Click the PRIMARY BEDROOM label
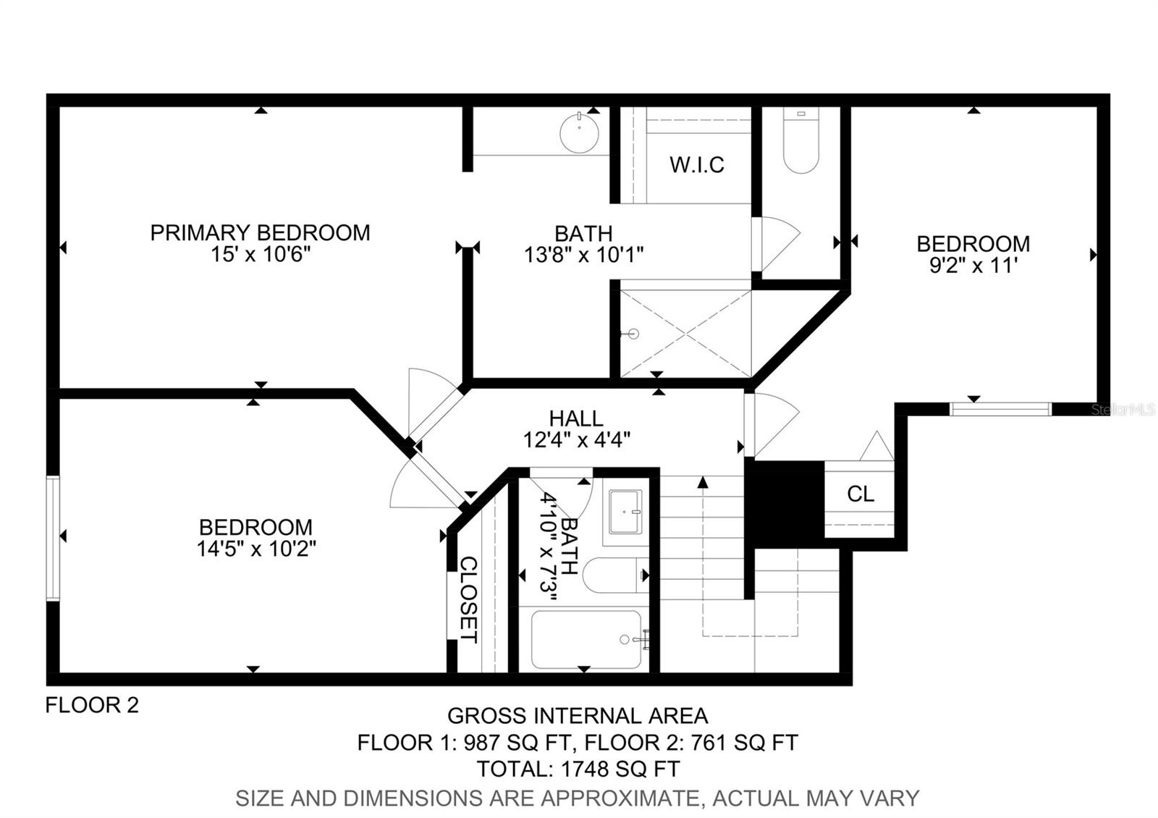(x=260, y=232)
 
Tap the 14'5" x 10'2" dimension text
(x=256, y=549)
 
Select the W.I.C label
(x=696, y=165)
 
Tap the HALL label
(x=576, y=418)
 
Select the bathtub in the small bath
(x=586, y=639)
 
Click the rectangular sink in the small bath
(x=625, y=512)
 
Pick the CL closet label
(x=861, y=494)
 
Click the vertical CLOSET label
(x=469, y=599)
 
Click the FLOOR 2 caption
(x=92, y=704)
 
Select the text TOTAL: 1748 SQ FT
(x=578, y=768)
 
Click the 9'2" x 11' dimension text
(x=973, y=266)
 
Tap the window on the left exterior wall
(x=53, y=538)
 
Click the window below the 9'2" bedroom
(x=999, y=409)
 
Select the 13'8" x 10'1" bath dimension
(x=583, y=255)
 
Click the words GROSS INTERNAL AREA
(x=578, y=716)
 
